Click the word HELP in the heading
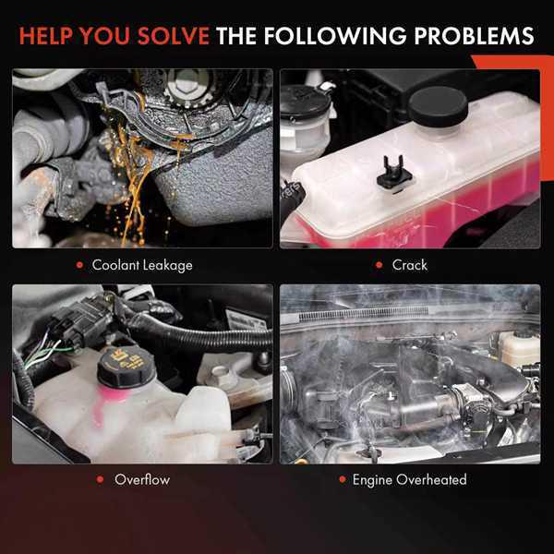click(46, 36)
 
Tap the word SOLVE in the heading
click(174, 36)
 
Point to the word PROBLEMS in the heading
click(475, 36)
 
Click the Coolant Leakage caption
click(142, 265)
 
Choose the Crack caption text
click(409, 265)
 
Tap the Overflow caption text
click(142, 479)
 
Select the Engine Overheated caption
click(409, 480)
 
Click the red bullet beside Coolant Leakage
click(79, 265)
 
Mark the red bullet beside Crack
click(379, 265)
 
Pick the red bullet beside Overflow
click(100, 479)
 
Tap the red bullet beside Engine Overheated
click(343, 479)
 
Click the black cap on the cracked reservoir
click(438, 105)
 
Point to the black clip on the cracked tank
click(394, 174)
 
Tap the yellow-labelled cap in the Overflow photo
click(126, 367)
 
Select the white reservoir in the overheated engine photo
click(519, 347)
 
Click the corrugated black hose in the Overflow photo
click(198, 336)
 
